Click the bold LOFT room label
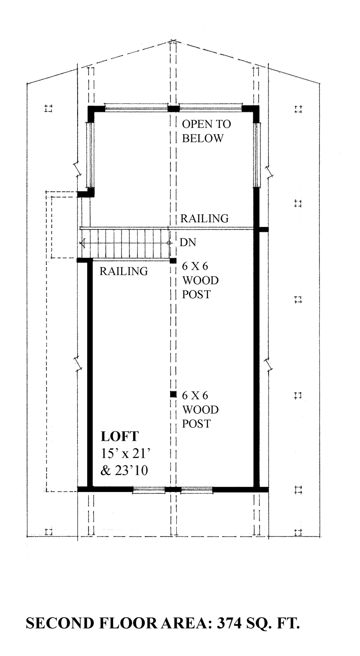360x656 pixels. [x=120, y=437]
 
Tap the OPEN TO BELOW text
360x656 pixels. [x=207, y=131]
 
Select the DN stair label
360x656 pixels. [x=188, y=243]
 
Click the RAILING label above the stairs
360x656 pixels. [x=204, y=219]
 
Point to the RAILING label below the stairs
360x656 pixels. [x=124, y=272]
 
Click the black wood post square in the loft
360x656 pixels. [x=173, y=394]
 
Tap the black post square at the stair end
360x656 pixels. [x=173, y=261]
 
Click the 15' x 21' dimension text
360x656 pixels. [x=126, y=454]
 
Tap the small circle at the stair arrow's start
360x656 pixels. [x=169, y=243]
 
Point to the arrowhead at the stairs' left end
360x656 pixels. [x=82, y=243]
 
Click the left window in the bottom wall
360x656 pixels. [x=149, y=490]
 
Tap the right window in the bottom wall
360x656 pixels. [x=197, y=490]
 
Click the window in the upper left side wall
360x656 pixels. [x=90, y=155]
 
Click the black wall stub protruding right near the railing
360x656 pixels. [x=264, y=229]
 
